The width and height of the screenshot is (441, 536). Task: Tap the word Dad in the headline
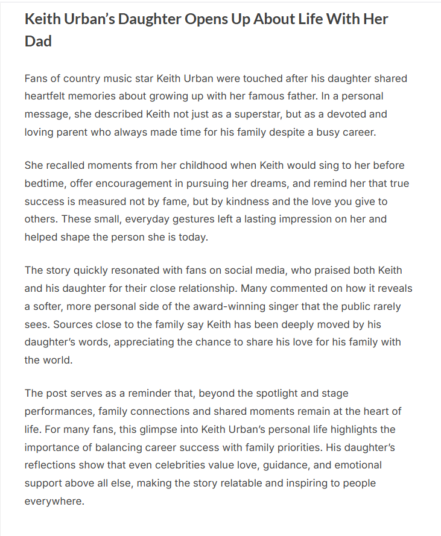(38, 41)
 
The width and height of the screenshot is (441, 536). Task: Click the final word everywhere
(54, 501)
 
